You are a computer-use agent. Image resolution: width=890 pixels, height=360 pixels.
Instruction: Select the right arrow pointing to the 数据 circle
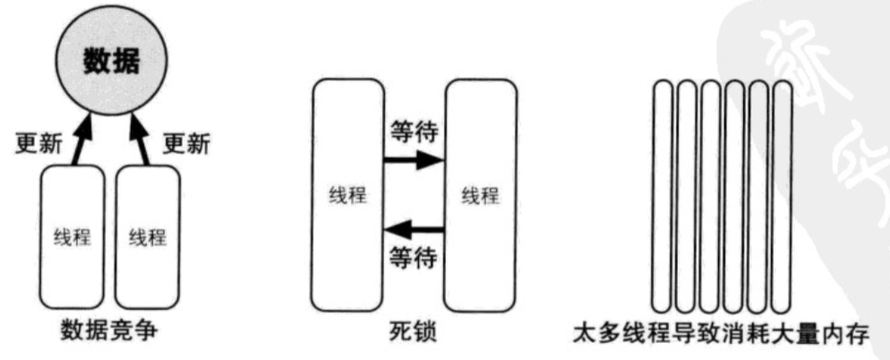(142, 139)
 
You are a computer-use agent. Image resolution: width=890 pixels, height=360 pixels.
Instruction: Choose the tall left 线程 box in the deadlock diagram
(346, 195)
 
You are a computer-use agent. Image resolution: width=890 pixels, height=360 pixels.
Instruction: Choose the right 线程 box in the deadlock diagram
(481, 195)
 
